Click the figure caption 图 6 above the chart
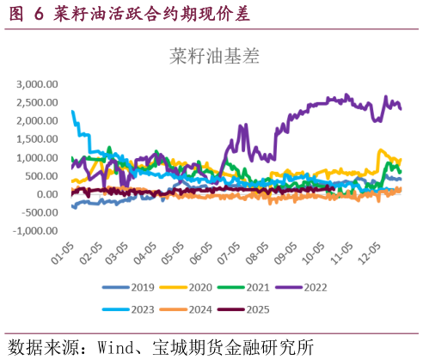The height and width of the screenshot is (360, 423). click(27, 14)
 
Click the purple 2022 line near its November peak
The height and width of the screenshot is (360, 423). click(346, 95)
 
